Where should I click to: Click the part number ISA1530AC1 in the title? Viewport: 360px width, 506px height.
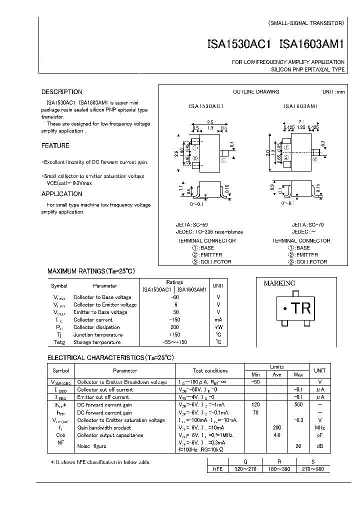point(238,44)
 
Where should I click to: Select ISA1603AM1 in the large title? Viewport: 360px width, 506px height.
point(312,44)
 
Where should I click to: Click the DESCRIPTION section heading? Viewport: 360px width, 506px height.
point(61,92)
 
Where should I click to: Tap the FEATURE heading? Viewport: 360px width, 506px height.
point(55,146)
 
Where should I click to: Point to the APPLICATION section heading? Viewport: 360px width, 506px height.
point(61,194)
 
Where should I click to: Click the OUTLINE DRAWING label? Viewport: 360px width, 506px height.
point(256,92)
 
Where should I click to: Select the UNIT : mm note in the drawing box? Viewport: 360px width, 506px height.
point(333,92)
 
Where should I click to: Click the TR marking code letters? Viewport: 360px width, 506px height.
point(301,308)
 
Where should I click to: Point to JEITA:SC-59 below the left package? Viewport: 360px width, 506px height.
point(193,225)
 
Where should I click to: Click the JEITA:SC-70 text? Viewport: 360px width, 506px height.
point(307,225)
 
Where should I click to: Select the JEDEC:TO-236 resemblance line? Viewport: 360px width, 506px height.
point(210,232)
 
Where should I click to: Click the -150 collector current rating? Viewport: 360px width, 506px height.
point(174,319)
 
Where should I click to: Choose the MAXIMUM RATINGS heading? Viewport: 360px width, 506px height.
point(91,271)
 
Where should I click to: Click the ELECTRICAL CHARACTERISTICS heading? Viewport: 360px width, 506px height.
point(110,358)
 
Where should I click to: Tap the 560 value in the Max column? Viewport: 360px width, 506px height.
point(298,405)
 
